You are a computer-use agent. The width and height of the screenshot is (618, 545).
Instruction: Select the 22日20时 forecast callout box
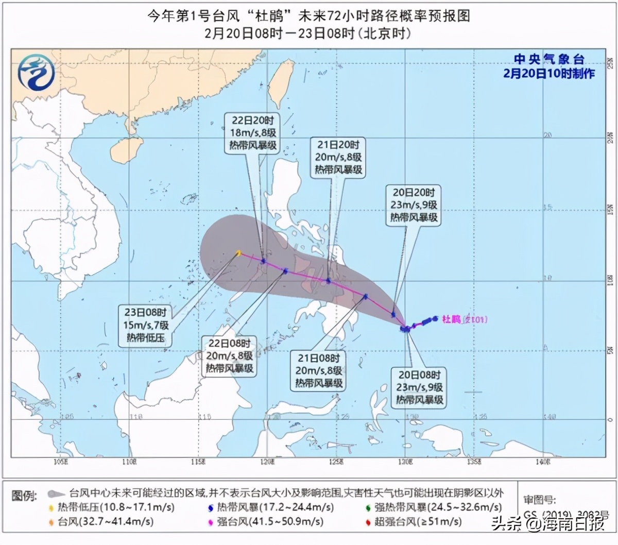tap(253, 133)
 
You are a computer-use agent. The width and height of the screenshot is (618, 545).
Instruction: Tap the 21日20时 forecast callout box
tap(338, 157)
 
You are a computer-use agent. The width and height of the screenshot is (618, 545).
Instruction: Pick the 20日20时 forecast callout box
tap(414, 205)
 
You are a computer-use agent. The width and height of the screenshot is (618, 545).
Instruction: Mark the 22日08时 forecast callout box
tap(229, 356)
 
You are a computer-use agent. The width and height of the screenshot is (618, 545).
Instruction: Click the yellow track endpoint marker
tap(238, 252)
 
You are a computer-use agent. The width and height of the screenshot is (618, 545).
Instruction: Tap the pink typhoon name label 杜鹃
tap(451, 319)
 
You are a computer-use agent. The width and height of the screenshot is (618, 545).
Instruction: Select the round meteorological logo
tap(36, 72)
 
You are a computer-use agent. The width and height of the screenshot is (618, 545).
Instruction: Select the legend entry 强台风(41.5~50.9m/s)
tap(265, 522)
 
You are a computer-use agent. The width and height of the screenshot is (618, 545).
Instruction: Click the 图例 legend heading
tap(24, 496)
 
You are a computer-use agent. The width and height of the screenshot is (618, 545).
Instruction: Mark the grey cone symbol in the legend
tap(56, 494)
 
